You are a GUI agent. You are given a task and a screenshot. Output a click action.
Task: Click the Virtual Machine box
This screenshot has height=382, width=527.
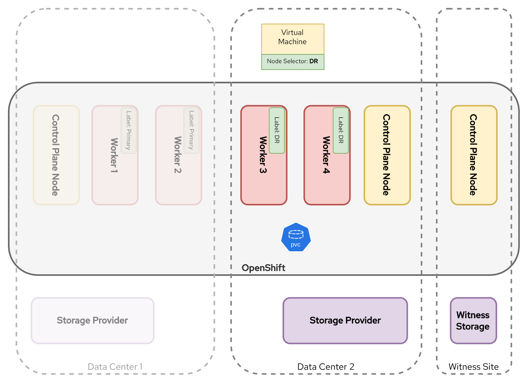(292, 38)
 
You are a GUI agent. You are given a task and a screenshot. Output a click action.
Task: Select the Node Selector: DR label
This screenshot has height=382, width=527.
(292, 62)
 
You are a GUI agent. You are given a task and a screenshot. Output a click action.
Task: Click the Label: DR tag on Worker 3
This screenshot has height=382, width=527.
(277, 130)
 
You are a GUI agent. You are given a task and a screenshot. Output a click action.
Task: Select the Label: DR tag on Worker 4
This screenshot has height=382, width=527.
(341, 130)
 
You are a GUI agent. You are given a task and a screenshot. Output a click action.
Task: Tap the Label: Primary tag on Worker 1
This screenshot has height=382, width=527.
(128, 130)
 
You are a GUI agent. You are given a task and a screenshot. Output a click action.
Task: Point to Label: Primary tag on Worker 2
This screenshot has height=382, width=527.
(191, 130)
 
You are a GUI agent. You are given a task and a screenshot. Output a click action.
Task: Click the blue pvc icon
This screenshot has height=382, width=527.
(296, 238)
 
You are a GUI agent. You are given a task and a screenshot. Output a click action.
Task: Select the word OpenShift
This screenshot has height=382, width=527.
(263, 268)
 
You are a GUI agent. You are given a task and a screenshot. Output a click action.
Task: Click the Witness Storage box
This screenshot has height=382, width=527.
(473, 321)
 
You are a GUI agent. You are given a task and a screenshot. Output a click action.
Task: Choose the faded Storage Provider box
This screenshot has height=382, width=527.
(93, 321)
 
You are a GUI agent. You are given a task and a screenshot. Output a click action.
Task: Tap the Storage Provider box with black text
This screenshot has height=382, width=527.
(345, 321)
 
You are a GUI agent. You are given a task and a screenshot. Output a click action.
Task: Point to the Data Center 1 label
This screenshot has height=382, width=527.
(115, 367)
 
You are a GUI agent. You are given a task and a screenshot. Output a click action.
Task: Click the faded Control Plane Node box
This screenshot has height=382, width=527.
(56, 155)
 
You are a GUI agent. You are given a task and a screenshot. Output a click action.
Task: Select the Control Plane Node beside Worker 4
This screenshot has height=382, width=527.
(387, 155)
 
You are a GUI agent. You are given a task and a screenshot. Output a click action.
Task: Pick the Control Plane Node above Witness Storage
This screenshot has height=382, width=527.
(474, 155)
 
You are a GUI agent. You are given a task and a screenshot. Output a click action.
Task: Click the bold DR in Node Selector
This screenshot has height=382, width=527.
(314, 62)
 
